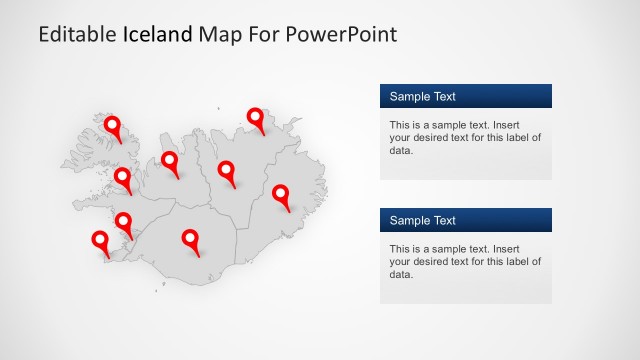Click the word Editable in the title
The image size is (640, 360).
77,35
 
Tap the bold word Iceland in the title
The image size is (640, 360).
157,35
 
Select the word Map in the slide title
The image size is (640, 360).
218,35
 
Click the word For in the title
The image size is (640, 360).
261,35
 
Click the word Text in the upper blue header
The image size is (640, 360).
442,97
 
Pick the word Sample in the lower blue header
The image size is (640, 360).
407,221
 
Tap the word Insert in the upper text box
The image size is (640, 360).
523,125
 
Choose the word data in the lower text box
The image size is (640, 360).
400,274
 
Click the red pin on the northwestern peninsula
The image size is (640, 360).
113,126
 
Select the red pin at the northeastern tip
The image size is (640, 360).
257,117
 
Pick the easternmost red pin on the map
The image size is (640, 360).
281,193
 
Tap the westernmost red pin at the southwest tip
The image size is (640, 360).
100,240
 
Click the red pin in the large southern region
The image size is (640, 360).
190,238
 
